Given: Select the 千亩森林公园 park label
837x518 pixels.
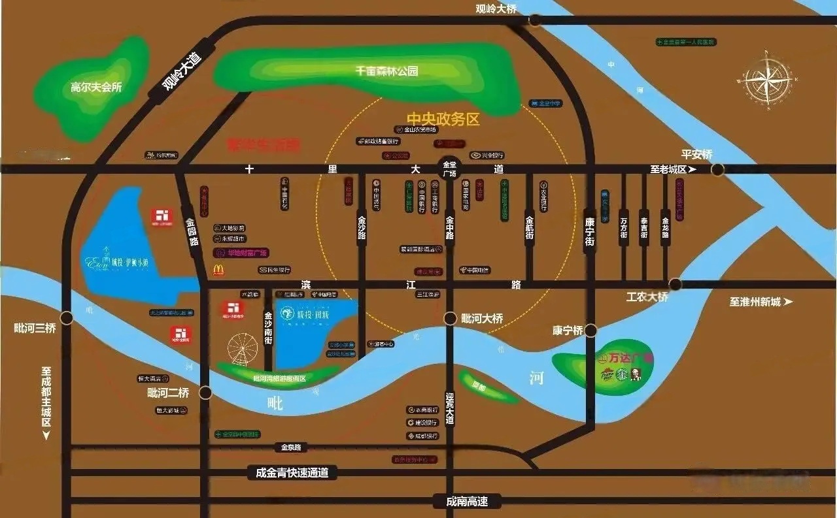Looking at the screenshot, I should pos(386,71).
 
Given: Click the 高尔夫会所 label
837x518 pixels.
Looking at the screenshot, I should pos(97,87).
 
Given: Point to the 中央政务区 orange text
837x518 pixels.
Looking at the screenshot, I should pos(443,119).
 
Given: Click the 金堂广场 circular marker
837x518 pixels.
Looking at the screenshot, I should pos(449,169).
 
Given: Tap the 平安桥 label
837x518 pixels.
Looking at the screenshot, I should pos(696,154).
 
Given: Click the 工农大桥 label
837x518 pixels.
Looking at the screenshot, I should pos(647,297).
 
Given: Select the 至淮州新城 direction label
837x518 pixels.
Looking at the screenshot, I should pos(760,302).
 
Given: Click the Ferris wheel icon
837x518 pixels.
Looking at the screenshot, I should pos(243,349).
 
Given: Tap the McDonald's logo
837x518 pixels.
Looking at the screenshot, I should pos(218,268).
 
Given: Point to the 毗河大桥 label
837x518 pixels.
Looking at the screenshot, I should pos(482,319).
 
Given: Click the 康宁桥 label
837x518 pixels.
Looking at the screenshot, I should pos(567,331).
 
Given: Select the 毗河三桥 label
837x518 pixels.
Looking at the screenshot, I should pos(35,328).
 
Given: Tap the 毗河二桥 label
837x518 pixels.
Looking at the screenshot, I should pos(168,393).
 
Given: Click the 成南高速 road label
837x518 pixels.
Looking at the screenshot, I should pos(467,502).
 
